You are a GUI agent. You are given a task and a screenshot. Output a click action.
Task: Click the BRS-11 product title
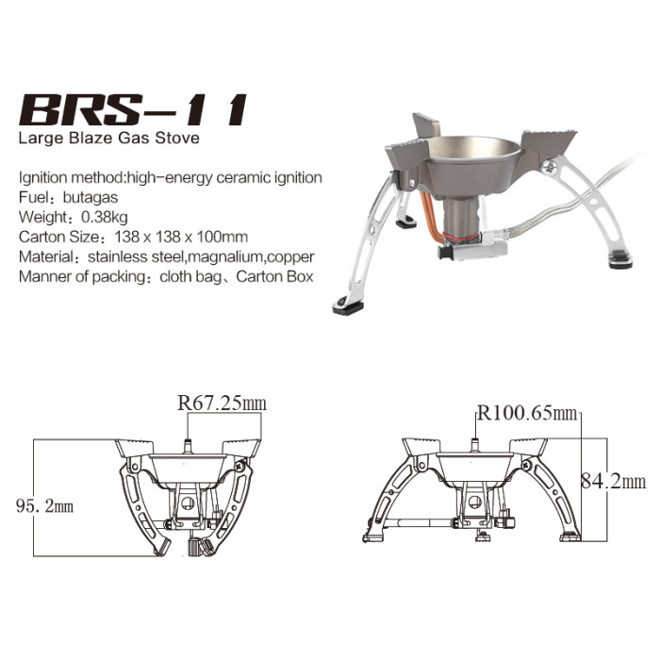(132, 111)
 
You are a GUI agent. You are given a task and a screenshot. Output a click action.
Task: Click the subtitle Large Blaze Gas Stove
(109, 140)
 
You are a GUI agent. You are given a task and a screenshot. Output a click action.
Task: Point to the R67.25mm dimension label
(222, 404)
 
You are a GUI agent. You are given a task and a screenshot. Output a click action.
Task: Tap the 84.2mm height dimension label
(613, 482)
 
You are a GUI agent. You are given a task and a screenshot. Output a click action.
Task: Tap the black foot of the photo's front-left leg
(348, 305)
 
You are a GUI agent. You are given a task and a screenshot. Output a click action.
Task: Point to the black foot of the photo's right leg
(619, 259)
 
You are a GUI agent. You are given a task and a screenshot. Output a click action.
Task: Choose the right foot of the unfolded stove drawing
(570, 536)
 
